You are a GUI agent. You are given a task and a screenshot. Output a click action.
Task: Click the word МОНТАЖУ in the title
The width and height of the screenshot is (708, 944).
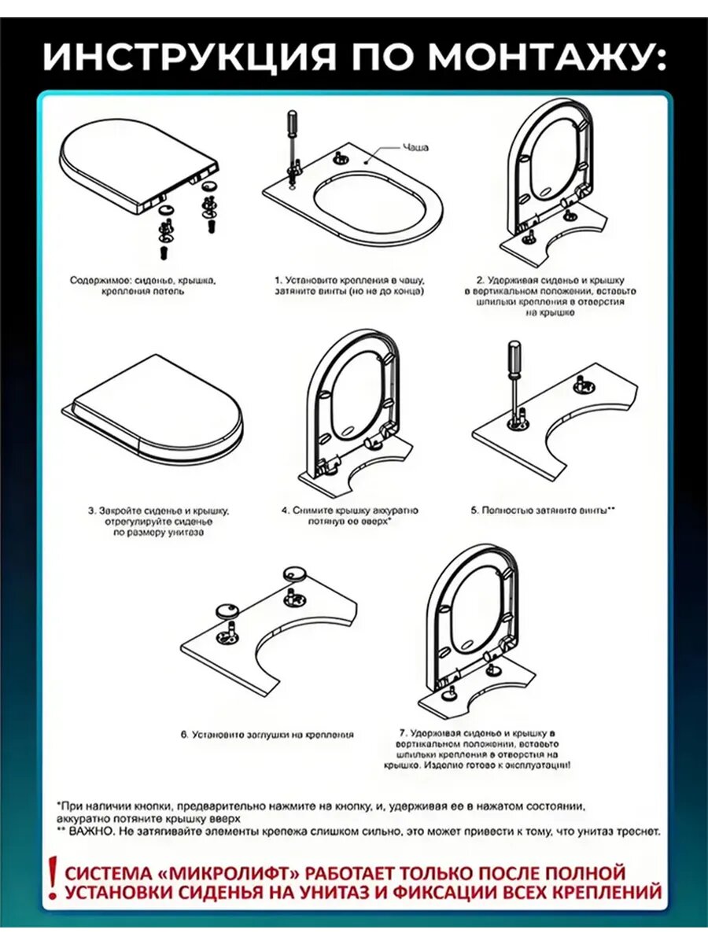tap(542, 57)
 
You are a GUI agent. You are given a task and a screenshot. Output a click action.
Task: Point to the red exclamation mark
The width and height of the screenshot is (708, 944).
tap(52, 880)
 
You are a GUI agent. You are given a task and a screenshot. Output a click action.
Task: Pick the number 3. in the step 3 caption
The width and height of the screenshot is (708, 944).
tap(91, 511)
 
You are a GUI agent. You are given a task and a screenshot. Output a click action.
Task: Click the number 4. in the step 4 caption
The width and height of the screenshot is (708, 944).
tap(286, 511)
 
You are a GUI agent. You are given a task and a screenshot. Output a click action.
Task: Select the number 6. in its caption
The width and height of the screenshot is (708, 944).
tap(184, 735)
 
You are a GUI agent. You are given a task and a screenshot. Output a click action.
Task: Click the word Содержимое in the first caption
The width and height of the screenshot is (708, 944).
tap(96, 280)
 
